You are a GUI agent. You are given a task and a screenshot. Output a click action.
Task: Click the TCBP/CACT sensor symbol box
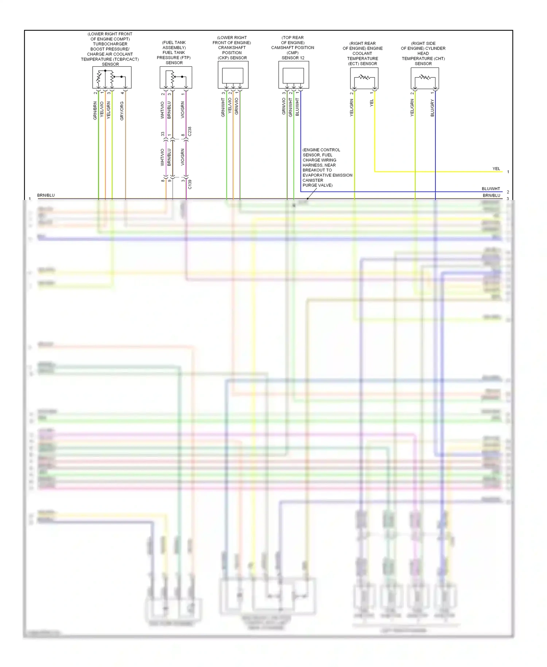pyautogui.click(x=112, y=77)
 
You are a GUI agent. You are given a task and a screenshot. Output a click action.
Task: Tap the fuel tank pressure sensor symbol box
pyautogui.click(x=176, y=77)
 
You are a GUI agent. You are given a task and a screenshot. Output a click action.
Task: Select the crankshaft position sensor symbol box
pyautogui.click(x=233, y=75)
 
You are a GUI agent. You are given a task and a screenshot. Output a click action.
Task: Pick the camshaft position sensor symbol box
pyautogui.click(x=294, y=75)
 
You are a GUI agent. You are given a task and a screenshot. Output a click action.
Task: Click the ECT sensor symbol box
pyautogui.click(x=364, y=78)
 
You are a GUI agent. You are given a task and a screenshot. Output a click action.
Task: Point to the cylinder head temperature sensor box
pyautogui.click(x=424, y=78)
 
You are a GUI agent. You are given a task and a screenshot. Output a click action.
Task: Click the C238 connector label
pyautogui.click(x=190, y=132)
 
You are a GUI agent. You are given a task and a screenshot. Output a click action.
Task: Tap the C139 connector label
pyautogui.click(x=190, y=184)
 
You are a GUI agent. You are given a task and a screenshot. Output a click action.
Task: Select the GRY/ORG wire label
pyautogui.click(x=122, y=111)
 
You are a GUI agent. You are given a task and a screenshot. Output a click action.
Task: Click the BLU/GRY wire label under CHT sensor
pyautogui.click(x=432, y=108)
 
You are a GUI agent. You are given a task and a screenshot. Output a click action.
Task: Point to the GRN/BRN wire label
pyautogui.click(x=95, y=111)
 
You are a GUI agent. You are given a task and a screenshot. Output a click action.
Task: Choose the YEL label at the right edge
pyautogui.click(x=496, y=169)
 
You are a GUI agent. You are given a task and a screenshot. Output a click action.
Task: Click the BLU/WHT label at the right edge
pyautogui.click(x=491, y=189)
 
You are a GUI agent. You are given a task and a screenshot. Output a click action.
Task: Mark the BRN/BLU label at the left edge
pyautogui.click(x=46, y=195)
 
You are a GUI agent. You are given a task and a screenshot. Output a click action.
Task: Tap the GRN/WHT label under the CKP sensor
pyautogui.click(x=223, y=107)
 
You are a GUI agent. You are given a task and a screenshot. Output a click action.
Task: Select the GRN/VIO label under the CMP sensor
pyautogui.click(x=284, y=106)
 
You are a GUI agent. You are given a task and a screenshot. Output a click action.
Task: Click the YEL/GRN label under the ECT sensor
pyautogui.click(x=352, y=108)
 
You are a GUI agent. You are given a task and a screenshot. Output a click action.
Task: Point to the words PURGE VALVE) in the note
pyautogui.click(x=318, y=185)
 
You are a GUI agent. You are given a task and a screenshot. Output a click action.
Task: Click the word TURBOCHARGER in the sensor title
pyautogui.click(x=110, y=44)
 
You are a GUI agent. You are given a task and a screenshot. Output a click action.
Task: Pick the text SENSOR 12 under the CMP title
pyautogui.click(x=293, y=58)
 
